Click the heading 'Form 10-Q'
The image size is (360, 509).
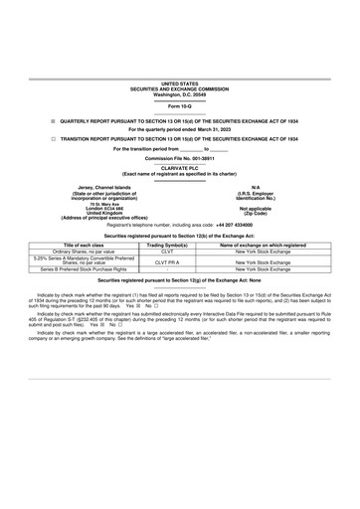point(180,104)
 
